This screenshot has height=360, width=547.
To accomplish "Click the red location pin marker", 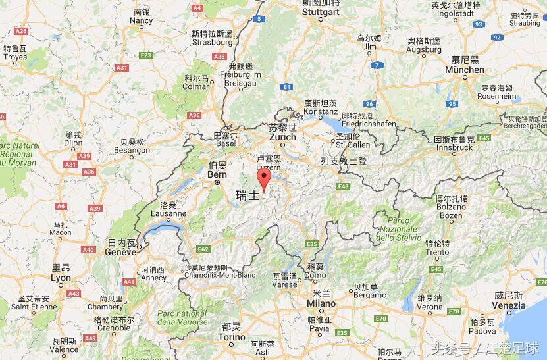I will (264, 179).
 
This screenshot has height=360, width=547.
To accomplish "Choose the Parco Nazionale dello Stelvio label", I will (399, 228).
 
